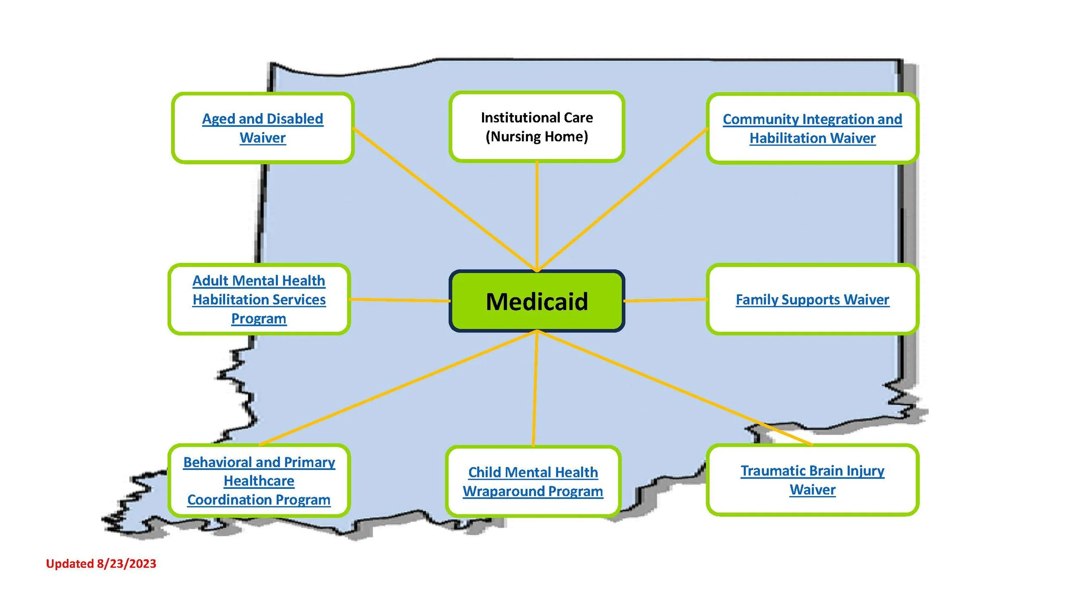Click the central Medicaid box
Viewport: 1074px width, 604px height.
pos(537,301)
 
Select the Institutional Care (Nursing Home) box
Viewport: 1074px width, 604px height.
pos(537,127)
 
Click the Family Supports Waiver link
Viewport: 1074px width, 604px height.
pos(812,299)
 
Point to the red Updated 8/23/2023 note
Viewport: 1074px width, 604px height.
pos(101,564)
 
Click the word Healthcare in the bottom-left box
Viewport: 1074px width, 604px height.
pos(259,481)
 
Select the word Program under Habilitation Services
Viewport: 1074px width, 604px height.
pos(259,319)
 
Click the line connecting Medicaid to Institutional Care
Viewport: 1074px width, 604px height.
pos(537,215)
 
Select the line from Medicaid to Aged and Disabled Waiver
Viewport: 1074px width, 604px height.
pos(442,198)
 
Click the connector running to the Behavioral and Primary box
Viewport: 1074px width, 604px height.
pos(395,389)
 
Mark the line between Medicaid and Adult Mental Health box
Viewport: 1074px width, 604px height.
pos(400,300)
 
